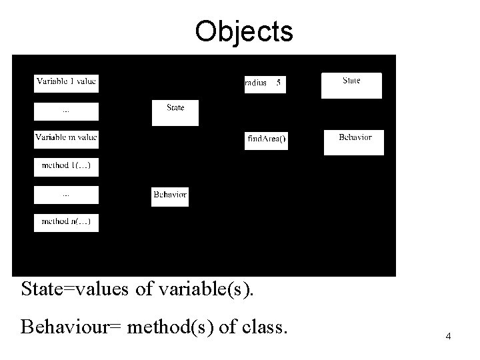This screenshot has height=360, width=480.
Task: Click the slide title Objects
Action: point(243,31)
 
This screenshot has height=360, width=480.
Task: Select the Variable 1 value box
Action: point(66,83)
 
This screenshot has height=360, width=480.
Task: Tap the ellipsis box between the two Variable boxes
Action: point(66,111)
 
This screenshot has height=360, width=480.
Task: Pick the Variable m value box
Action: point(66,138)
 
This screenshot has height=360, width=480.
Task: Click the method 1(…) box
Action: point(66,166)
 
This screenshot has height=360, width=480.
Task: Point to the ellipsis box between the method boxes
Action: point(66,194)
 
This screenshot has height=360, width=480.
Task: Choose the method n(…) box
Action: point(66,221)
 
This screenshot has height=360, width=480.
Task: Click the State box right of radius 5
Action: point(351,85)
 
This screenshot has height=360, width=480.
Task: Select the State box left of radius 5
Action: point(175,112)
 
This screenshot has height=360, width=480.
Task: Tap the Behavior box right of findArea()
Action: point(354,142)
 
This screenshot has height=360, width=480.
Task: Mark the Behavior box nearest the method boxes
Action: point(170,196)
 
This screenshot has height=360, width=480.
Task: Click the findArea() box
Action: point(267,139)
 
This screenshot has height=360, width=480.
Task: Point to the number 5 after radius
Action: point(278,83)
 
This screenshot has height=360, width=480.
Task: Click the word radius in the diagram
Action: point(256,83)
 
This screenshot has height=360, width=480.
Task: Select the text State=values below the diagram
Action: point(70,289)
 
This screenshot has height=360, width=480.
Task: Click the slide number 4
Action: point(448,337)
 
